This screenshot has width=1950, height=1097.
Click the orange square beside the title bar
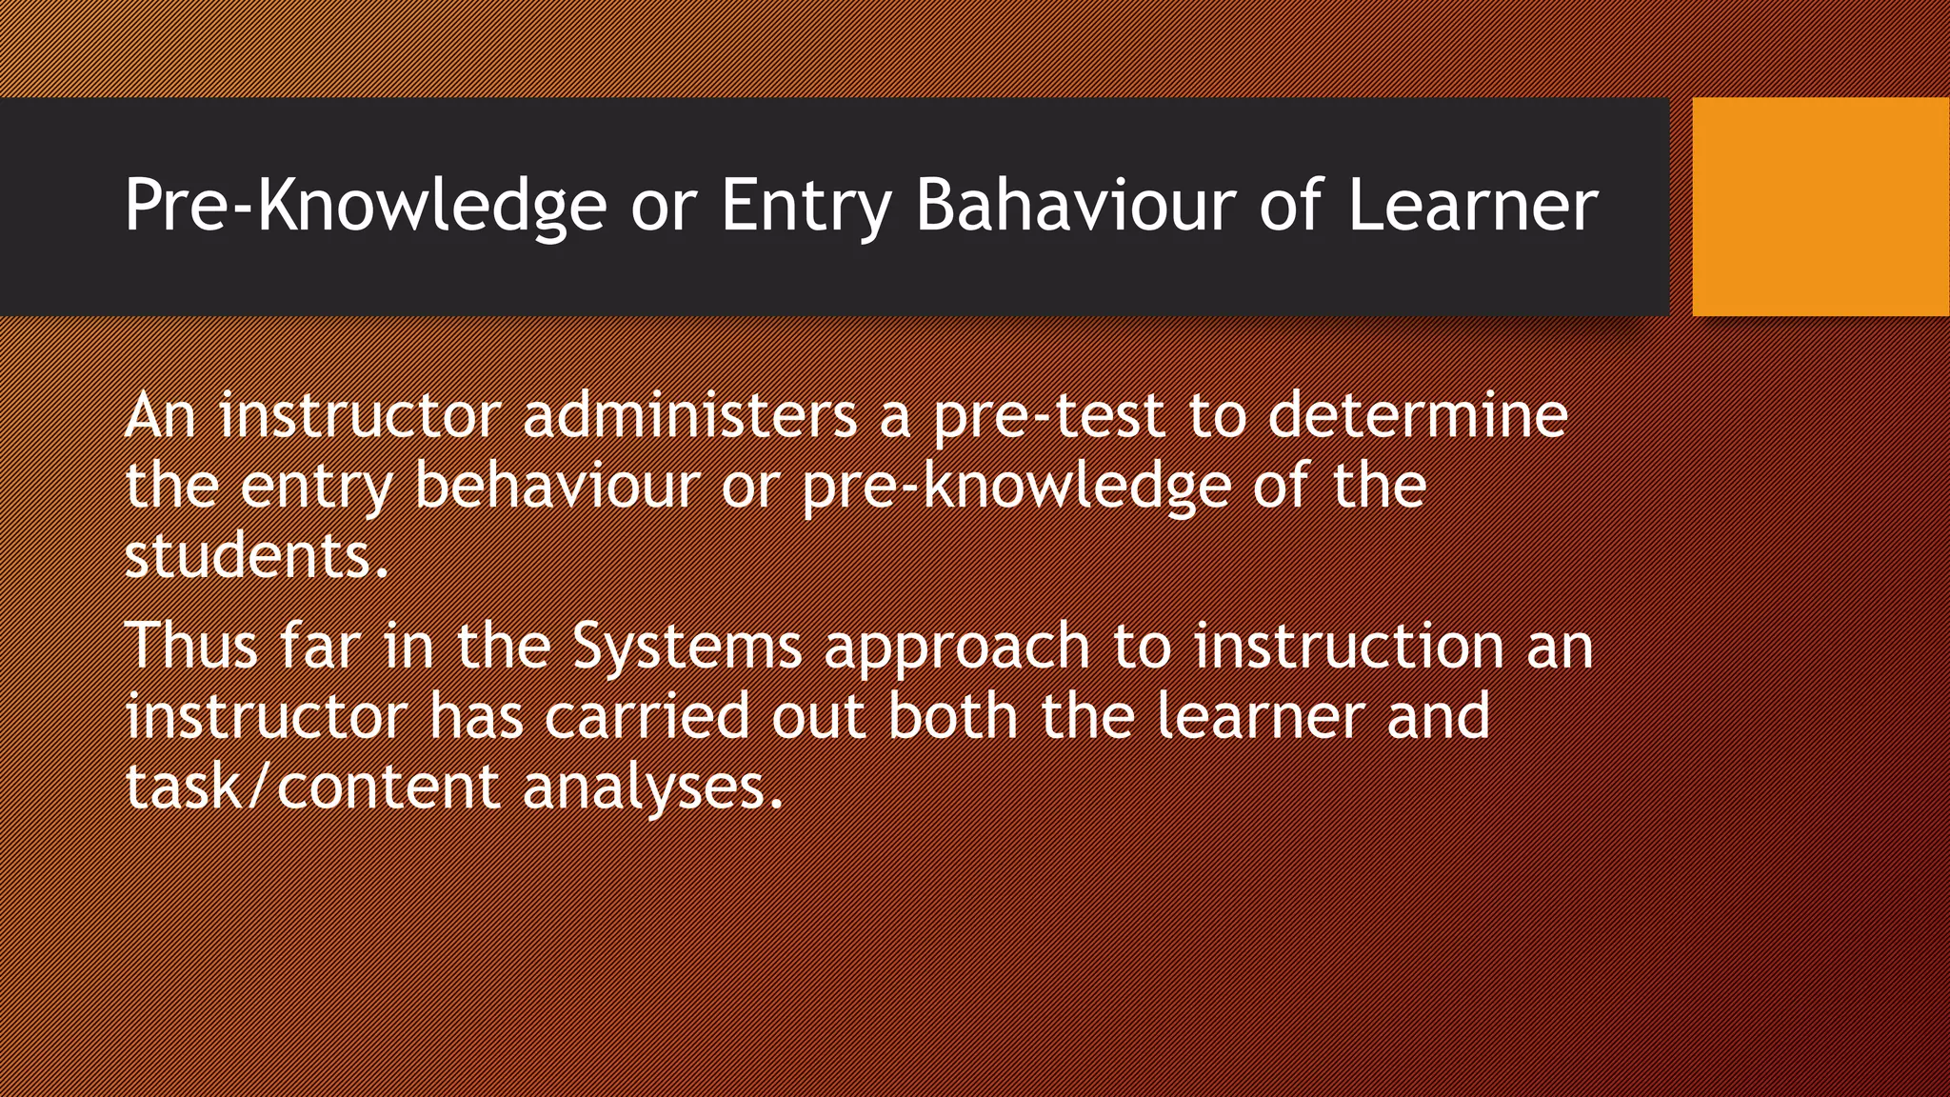pos(1821,206)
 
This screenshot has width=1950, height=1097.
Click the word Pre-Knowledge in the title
pos(365,206)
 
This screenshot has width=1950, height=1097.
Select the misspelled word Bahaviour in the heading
pos(1074,206)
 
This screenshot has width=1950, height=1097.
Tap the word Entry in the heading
pos(806,206)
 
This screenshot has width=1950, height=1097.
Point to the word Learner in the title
pos(1472,206)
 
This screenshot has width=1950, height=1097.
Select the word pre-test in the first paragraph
pos(1048,416)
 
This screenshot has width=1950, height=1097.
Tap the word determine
pos(1418,416)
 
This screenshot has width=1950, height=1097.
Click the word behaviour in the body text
pos(557,486)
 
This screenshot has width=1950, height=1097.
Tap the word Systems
pos(686,646)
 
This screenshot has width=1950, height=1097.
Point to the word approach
pos(957,646)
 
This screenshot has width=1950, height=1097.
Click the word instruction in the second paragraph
pos(1348,646)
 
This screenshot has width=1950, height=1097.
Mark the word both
pos(953,716)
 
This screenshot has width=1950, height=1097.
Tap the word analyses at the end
pos(652,788)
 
